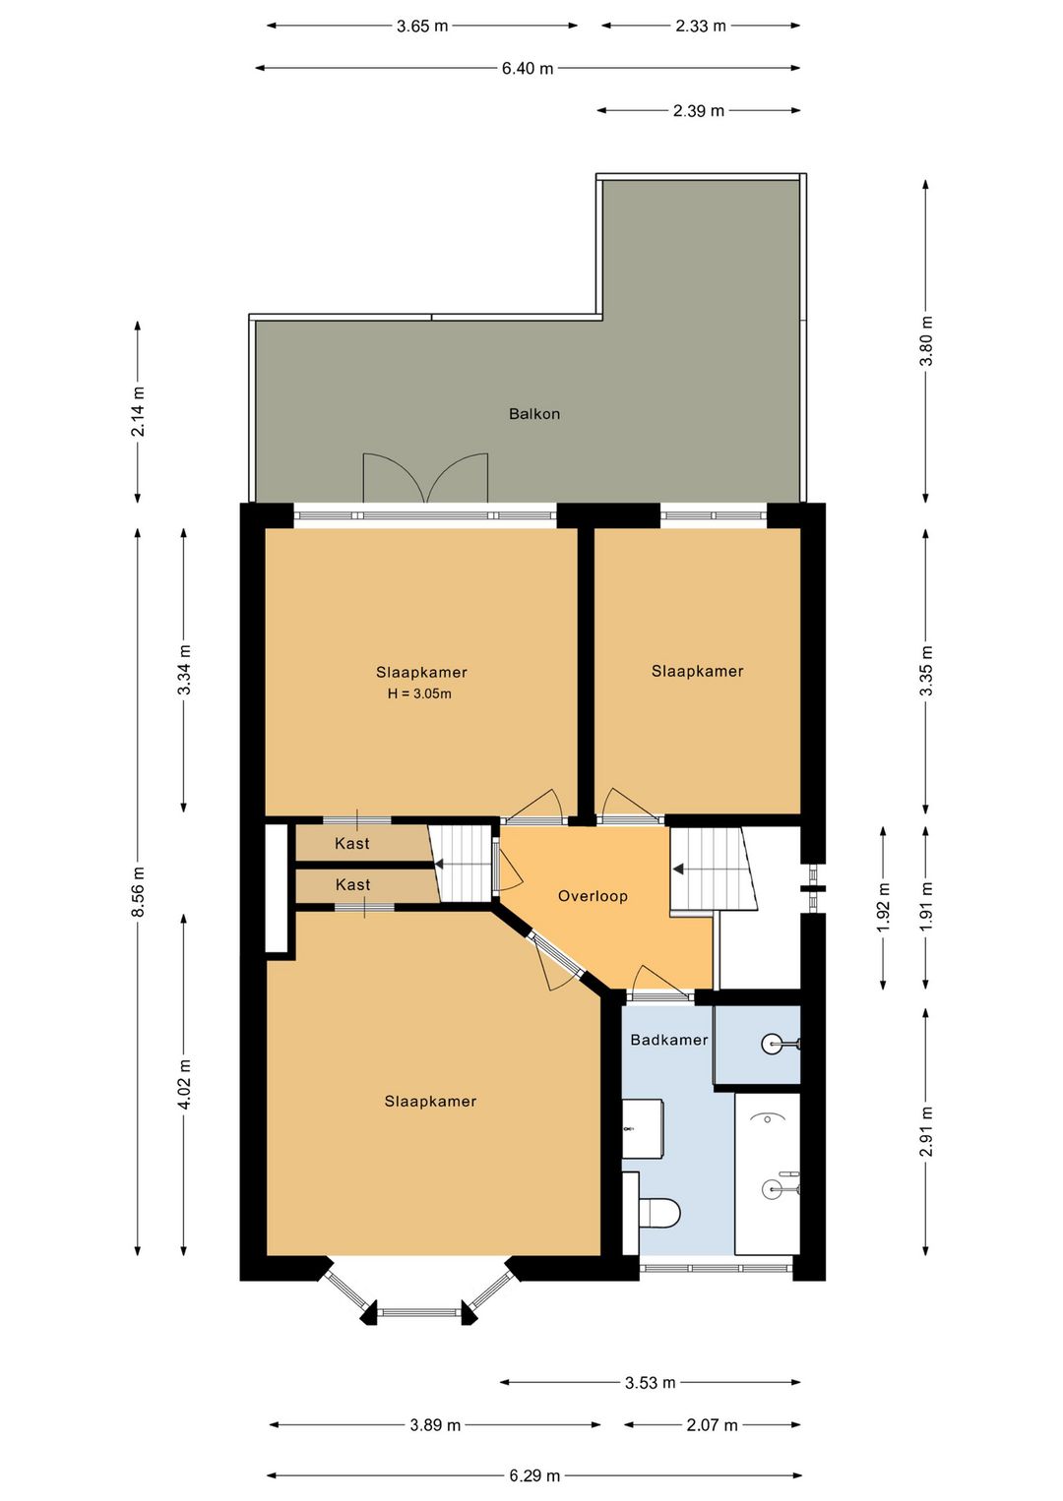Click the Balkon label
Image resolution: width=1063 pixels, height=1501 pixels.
[533, 413]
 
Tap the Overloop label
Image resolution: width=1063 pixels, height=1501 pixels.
[593, 896]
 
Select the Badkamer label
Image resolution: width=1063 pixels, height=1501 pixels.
[668, 1040]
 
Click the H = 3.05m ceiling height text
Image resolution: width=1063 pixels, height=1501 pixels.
[419, 693]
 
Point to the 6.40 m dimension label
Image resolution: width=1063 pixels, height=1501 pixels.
[528, 68]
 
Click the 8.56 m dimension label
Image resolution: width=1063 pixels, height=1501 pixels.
[138, 891]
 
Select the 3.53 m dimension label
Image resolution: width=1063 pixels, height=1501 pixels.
[650, 1382]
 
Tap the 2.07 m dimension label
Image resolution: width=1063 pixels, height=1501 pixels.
[712, 1424]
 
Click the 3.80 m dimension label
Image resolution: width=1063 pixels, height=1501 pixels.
[926, 340]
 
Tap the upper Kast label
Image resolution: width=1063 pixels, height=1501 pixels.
[352, 843]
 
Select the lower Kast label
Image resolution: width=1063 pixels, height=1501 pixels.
[352, 884]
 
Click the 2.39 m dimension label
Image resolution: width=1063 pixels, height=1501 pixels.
[699, 110]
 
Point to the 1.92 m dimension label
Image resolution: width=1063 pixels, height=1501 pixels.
[883, 907]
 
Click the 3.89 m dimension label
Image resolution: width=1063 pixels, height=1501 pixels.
[435, 1424]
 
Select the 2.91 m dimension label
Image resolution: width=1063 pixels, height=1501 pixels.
[926, 1132]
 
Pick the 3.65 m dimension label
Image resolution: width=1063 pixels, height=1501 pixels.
[422, 27]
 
